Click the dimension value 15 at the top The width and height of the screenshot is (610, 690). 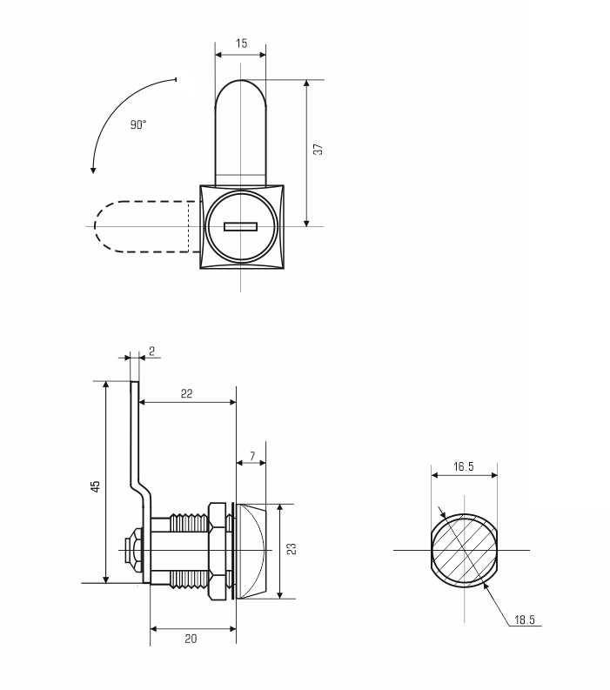(241, 44)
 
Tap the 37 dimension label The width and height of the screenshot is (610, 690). (318, 149)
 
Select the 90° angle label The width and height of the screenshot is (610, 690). (138, 124)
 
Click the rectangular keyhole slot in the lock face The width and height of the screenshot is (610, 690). (240, 226)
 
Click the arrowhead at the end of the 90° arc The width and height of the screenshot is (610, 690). (93, 170)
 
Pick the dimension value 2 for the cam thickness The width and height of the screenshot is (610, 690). (151, 352)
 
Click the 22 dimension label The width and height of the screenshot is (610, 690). (186, 393)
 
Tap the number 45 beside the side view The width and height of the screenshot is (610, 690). (96, 486)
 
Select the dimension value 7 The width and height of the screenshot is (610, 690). (252, 456)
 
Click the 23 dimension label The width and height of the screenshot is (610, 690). (292, 549)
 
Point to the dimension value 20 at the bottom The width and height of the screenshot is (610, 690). (191, 639)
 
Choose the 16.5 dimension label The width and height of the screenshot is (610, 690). (464, 466)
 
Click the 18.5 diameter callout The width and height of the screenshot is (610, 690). (525, 620)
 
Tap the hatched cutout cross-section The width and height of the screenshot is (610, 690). (465, 551)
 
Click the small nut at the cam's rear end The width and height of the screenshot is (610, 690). (132, 550)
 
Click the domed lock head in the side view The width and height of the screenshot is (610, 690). (251, 552)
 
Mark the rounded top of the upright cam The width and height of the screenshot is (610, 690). (240, 93)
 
